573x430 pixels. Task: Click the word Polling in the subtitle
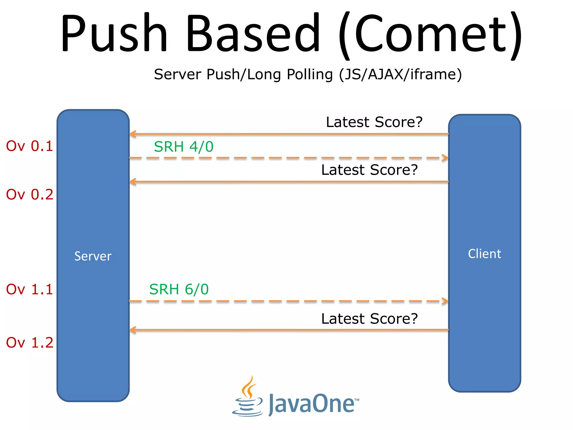[310, 75]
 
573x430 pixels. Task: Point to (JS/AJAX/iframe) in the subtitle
[400, 75]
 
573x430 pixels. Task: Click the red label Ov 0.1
[30, 146]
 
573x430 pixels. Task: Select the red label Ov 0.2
[30, 195]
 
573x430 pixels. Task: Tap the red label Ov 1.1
[30, 289]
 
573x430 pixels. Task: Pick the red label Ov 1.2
[30, 343]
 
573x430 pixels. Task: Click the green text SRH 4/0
[184, 147]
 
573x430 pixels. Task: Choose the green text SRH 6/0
[179, 289]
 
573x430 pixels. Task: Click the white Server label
[93, 256]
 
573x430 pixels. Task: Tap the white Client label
[484, 254]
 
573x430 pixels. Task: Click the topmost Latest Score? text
[374, 122]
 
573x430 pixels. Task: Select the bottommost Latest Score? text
[369, 319]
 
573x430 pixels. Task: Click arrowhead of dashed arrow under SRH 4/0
[445, 158]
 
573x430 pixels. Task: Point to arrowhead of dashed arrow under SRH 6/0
[445, 301]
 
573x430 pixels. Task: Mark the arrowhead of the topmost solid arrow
[133, 134]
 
